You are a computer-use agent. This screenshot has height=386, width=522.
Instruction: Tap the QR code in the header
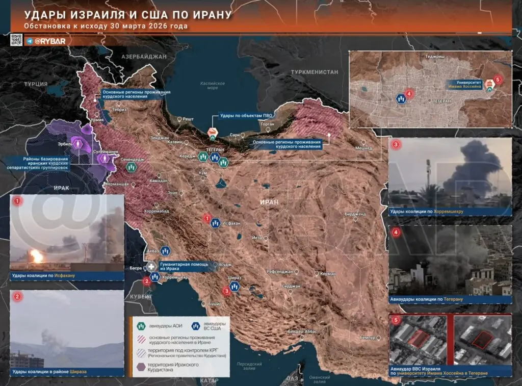16,40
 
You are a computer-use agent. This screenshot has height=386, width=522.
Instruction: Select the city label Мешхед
363,148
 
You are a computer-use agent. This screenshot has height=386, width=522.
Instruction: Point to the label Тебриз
119,110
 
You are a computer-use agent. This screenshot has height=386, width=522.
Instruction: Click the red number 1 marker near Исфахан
207,219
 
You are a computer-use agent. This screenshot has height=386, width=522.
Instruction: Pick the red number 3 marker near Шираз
226,291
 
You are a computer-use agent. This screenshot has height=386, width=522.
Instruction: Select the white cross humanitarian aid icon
151,266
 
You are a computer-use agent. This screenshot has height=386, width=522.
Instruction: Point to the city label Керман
327,274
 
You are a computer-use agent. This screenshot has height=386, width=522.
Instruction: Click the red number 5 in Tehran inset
498,80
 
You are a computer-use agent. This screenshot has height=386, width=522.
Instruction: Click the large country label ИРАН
269,202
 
